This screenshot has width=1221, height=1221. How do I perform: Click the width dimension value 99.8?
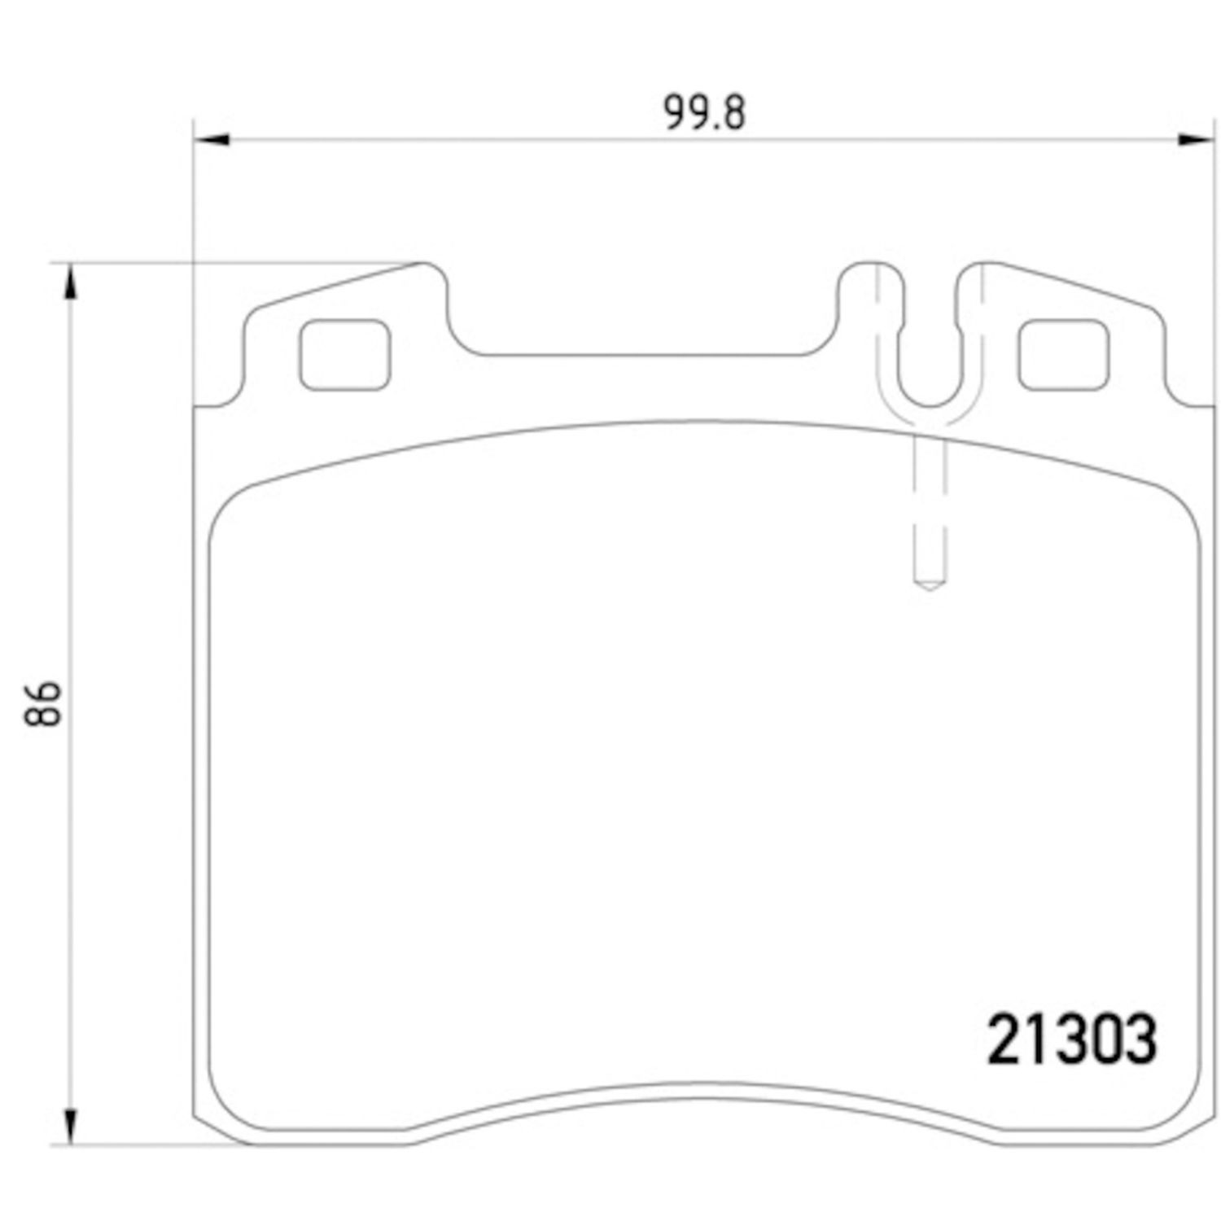coord(704,113)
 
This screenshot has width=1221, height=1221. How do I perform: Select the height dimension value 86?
coord(44,703)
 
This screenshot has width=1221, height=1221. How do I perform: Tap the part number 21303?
coord(1071,1040)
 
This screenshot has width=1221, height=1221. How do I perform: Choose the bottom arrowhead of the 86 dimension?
coord(71,1127)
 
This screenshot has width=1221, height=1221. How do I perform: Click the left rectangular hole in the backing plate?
coord(344,354)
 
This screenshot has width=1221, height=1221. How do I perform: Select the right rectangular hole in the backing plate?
coord(1063,354)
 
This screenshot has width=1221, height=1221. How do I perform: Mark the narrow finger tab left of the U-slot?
coord(870,301)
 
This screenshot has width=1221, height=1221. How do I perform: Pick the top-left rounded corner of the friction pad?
coord(232,509)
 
